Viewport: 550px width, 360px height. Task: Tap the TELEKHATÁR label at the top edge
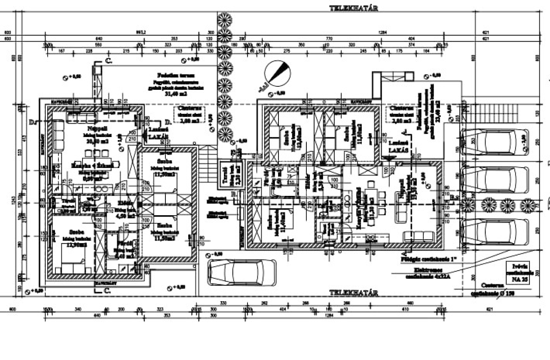[x=354, y=8]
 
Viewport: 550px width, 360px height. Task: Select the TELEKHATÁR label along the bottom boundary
[x=354, y=293]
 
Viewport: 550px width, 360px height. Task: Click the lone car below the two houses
[x=241, y=272]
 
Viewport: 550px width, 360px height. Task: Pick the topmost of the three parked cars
[x=494, y=141]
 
